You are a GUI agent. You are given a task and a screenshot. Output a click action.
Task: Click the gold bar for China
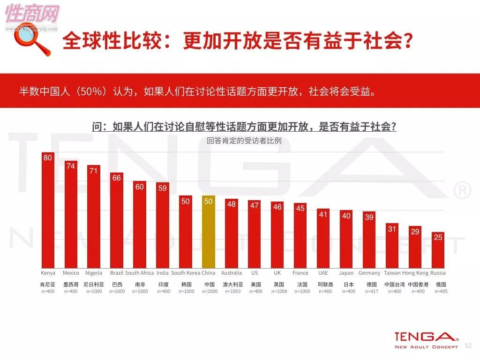[x=209, y=232]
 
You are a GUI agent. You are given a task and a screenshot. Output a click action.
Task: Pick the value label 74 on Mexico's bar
[x=71, y=166]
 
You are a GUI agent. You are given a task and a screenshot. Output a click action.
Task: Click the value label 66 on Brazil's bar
[x=117, y=178]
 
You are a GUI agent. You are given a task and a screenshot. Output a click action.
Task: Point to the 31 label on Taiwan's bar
[x=392, y=229]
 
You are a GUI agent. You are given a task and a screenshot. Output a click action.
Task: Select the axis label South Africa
[x=140, y=273]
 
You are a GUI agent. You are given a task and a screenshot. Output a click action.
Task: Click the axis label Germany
[x=369, y=273]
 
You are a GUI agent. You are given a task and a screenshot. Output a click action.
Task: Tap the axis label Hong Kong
[x=415, y=273]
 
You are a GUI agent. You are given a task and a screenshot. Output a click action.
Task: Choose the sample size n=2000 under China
[x=210, y=292]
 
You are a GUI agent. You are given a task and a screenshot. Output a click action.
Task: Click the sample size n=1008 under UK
[x=278, y=292]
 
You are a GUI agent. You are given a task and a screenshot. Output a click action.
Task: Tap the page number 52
[x=468, y=346]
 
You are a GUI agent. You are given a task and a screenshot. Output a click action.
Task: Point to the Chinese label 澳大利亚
[x=232, y=285]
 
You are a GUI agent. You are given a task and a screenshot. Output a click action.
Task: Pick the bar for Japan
[x=346, y=239]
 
